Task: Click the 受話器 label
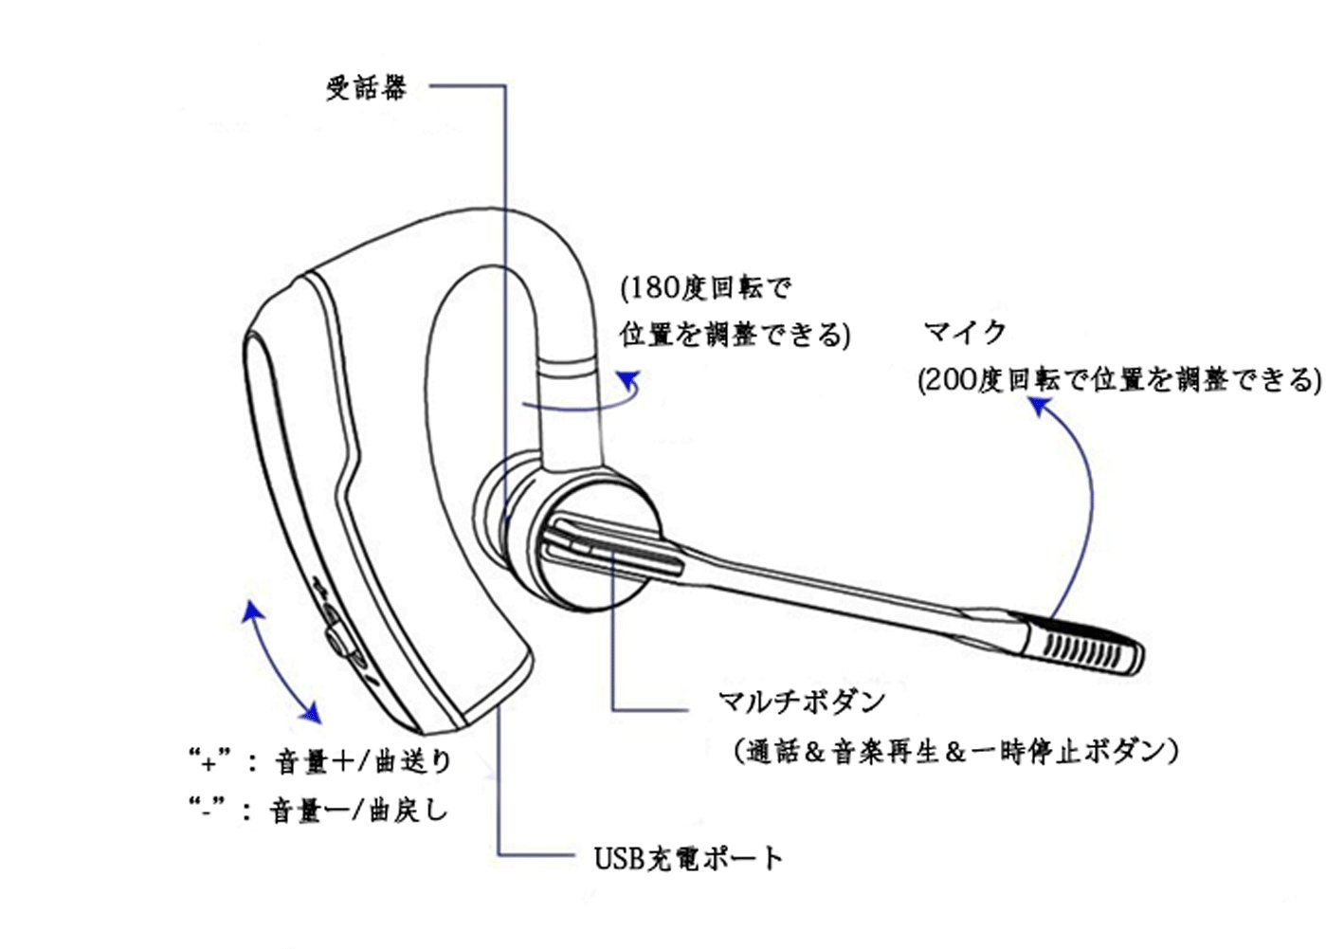(x=366, y=88)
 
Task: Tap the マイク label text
(x=964, y=332)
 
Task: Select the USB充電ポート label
(x=688, y=858)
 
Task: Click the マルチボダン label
(x=801, y=702)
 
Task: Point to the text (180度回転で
(x=705, y=286)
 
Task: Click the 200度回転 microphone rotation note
(x=1118, y=380)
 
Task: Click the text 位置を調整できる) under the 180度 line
(x=735, y=335)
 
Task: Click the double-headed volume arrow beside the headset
(x=281, y=660)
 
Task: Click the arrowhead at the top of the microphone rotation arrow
(x=1039, y=406)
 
